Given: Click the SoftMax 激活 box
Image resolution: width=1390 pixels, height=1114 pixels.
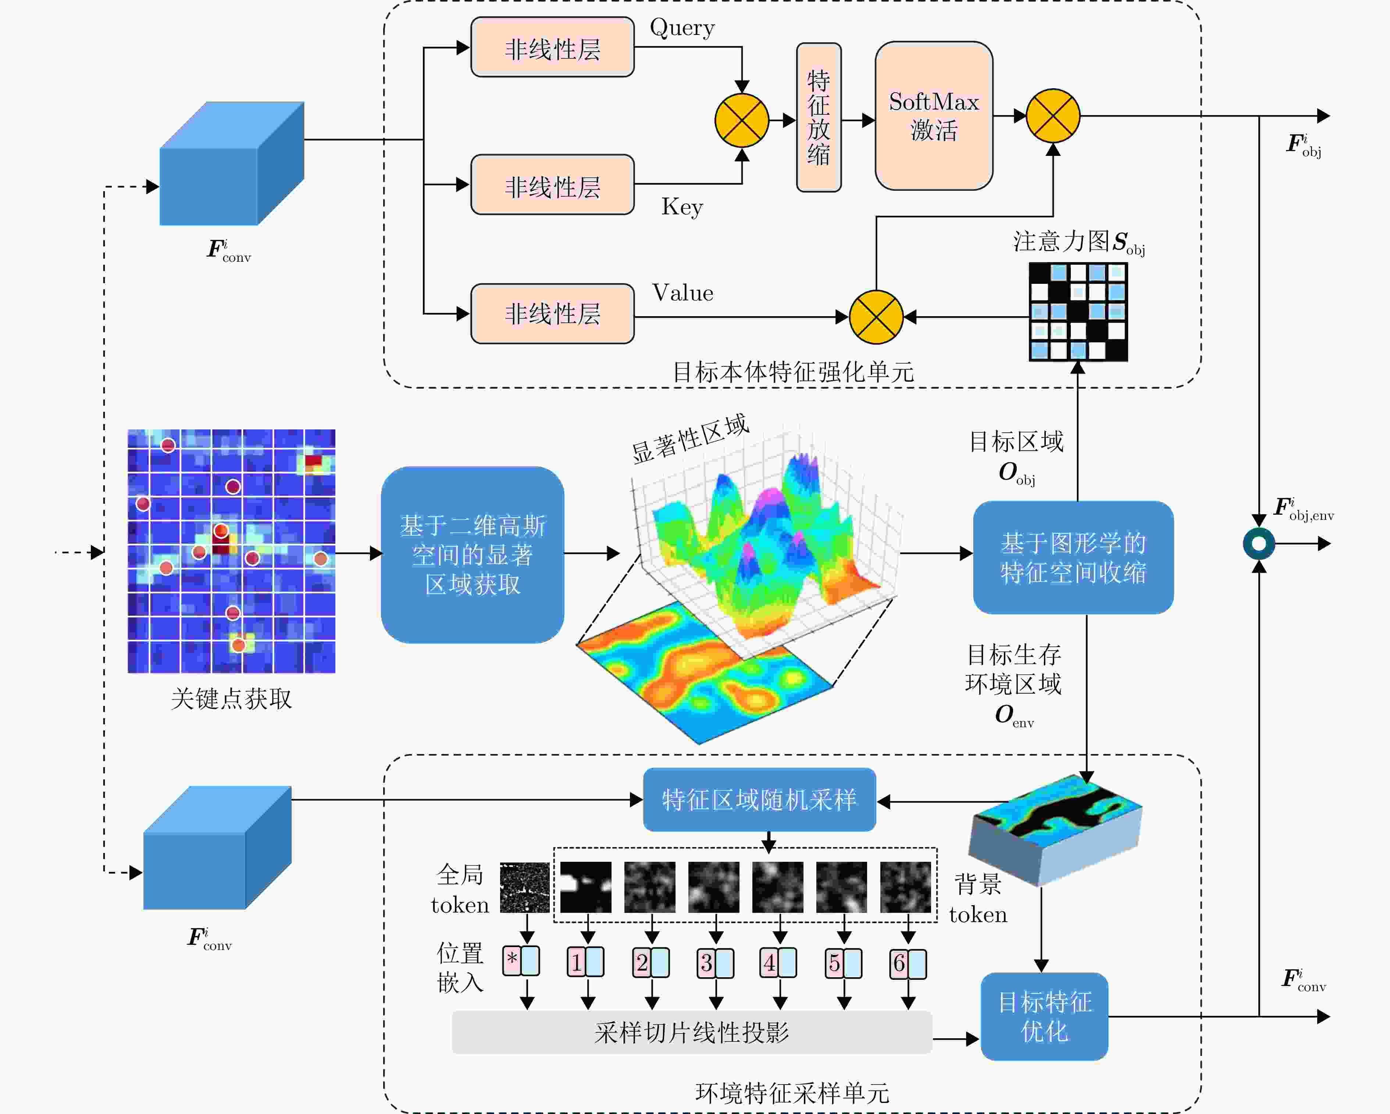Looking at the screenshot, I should click(x=934, y=116).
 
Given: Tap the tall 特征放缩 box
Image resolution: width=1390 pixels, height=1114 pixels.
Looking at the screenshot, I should click(x=819, y=117).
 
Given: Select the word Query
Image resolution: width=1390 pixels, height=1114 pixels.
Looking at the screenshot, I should click(x=682, y=28).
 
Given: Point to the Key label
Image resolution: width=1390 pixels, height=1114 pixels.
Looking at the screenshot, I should click(x=682, y=207).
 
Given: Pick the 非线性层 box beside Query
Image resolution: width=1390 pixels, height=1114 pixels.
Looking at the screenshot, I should click(x=553, y=48).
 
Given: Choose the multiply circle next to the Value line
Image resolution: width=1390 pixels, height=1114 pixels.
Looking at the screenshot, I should click(x=876, y=317).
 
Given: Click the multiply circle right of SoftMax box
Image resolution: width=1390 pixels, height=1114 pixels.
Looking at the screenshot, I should click(x=1053, y=116).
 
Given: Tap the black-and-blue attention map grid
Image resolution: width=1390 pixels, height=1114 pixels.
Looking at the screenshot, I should click(x=1078, y=312).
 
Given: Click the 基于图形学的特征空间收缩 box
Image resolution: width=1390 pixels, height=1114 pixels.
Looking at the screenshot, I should click(x=1073, y=558).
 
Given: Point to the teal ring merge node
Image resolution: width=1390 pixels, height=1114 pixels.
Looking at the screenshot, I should click(x=1258, y=543).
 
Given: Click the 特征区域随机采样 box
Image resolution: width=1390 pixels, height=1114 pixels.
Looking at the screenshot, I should click(x=759, y=800).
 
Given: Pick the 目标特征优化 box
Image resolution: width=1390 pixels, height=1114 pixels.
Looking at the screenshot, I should click(x=1044, y=1017).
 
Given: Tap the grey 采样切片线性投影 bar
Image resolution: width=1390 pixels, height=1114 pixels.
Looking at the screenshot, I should click(x=692, y=1033).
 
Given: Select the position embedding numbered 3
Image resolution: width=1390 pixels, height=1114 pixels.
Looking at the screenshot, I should click(x=715, y=963).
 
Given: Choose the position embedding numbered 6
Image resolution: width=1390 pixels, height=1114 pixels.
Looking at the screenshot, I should click(x=908, y=963).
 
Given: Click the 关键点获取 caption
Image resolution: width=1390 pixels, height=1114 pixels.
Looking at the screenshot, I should click(x=231, y=699).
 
